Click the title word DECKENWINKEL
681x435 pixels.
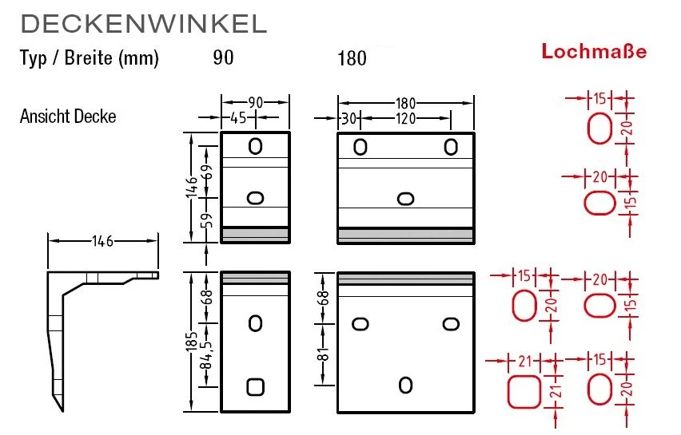click(143, 24)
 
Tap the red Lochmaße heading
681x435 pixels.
click(594, 52)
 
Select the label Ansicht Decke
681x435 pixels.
click(68, 117)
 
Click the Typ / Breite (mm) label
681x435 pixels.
click(90, 59)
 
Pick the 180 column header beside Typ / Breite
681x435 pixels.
click(352, 59)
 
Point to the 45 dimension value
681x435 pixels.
click(237, 119)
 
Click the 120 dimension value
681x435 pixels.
click(407, 119)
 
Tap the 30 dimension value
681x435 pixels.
click(348, 119)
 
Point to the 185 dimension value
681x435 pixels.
click(192, 342)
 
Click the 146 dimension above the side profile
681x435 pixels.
click(102, 239)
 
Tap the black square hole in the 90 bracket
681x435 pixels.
click(255, 386)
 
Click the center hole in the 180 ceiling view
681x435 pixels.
click(405, 198)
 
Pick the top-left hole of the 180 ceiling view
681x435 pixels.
click(360, 147)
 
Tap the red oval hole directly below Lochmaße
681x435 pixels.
click(599, 128)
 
